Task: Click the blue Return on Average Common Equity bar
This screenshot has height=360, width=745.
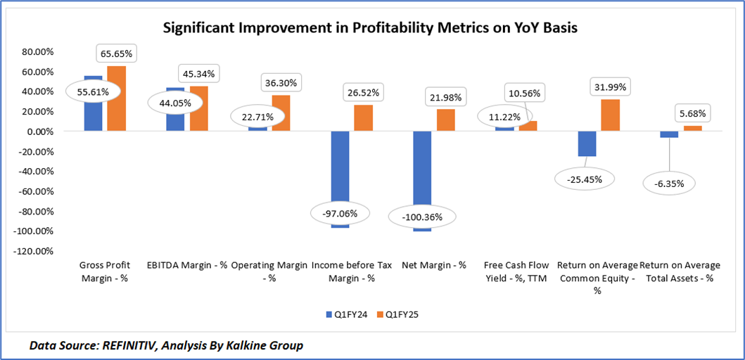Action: click(586, 143)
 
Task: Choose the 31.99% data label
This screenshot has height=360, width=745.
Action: click(609, 86)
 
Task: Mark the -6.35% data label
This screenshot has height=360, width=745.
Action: click(668, 184)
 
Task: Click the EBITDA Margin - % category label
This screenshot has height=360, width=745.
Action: click(187, 266)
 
